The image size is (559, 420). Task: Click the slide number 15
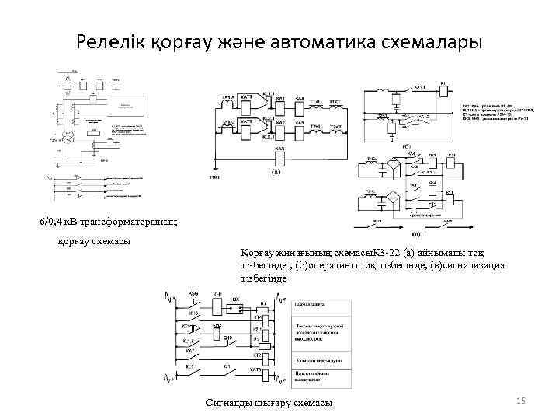point(521,400)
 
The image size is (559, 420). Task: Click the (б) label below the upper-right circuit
point(405,146)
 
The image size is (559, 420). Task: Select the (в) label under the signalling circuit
point(417,233)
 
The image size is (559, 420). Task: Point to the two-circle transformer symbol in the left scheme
point(68,137)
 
